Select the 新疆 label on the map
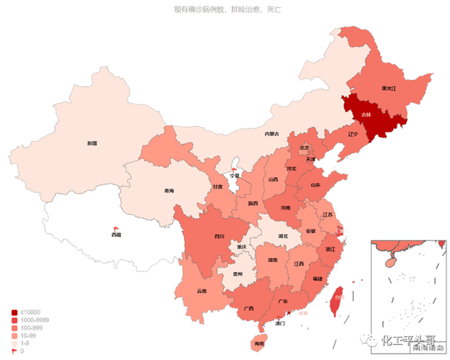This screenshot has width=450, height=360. click(92, 143)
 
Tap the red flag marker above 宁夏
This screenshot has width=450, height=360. click(233, 168)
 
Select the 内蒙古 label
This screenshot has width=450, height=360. click(271, 134)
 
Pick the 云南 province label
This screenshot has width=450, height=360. click(201, 291)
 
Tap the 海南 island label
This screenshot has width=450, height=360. click(258, 344)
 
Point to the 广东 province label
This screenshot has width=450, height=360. click(282, 301)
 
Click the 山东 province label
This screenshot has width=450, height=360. click(315, 185)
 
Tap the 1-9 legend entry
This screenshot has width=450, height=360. click(23, 343)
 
